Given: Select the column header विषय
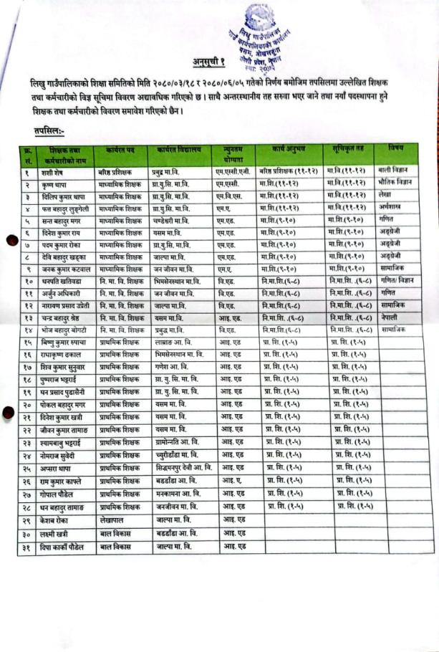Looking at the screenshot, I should pyautogui.click(x=395, y=148).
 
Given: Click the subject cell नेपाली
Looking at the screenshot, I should pyautogui.click(x=392, y=317).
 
